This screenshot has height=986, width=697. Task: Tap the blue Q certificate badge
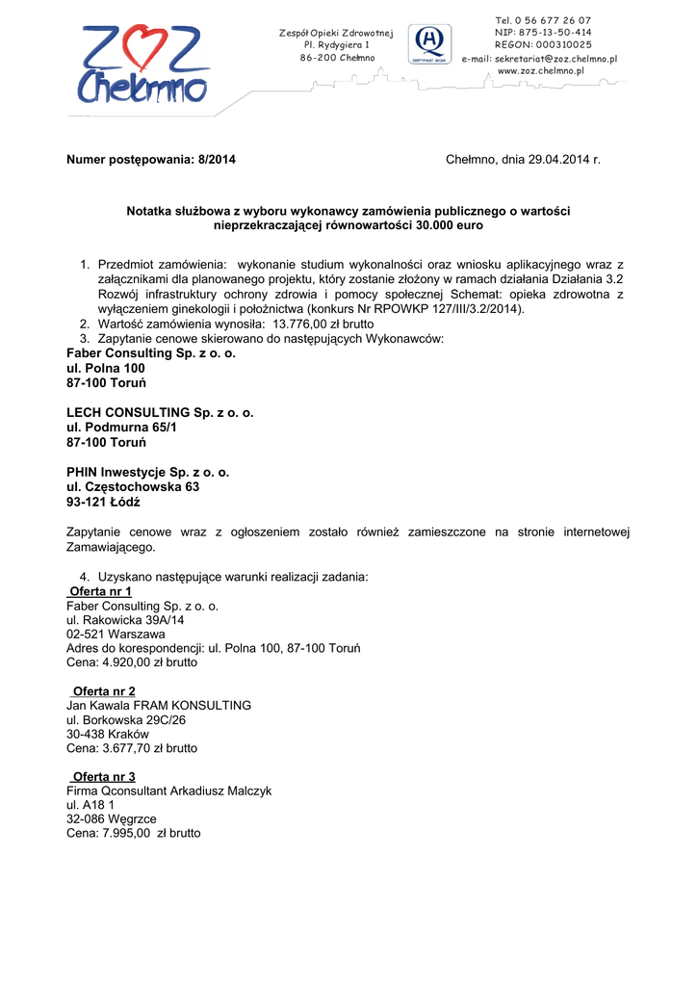coord(430,42)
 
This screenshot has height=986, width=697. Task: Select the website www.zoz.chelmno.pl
coord(541,72)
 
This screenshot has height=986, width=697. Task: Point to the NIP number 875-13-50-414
coord(555,33)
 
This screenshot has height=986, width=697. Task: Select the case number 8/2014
coord(217,159)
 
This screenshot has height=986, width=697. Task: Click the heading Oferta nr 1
coord(101,591)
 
